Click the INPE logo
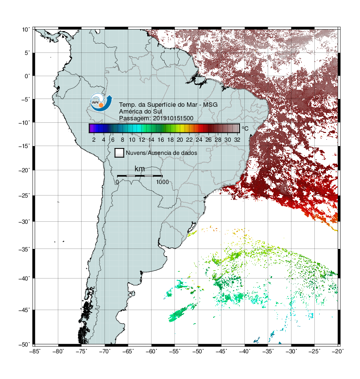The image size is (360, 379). click(x=101, y=102)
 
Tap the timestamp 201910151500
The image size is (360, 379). click(x=173, y=118)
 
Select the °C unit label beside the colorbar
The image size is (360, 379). click(x=245, y=128)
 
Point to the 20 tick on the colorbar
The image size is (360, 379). click(x=180, y=140)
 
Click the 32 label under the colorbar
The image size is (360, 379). click(x=237, y=140)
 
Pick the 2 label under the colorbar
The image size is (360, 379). click(x=94, y=140)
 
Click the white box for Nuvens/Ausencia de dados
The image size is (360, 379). click(x=120, y=153)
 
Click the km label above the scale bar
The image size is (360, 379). click(x=139, y=168)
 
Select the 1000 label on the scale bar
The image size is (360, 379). click(x=162, y=182)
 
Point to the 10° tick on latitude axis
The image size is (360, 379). click(x=26, y=30)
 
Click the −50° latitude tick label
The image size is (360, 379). click(x=24, y=345)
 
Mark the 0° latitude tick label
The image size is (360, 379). click(x=27, y=76)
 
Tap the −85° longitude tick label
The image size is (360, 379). click(x=35, y=351)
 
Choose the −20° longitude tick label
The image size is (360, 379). click(x=338, y=351)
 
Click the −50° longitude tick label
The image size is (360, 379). click(x=198, y=351)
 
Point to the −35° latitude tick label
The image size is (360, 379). click(x=24, y=249)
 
